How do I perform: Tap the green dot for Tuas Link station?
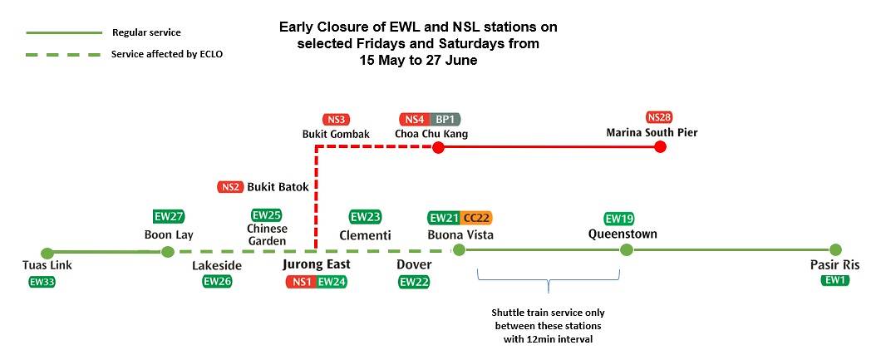(47, 253)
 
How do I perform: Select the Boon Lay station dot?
(167, 252)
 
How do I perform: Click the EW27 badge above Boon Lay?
(169, 217)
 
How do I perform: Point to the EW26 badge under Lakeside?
(217, 282)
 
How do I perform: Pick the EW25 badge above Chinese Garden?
(267, 215)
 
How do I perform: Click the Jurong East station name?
(316, 264)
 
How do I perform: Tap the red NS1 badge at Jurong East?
(300, 282)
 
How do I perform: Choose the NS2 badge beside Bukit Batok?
(230, 187)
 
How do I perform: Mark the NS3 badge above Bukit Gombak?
(336, 119)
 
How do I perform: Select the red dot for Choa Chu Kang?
(439, 147)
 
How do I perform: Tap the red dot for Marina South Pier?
(660, 147)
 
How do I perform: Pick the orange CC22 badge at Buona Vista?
(477, 218)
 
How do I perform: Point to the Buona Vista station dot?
(457, 250)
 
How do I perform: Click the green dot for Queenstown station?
(627, 250)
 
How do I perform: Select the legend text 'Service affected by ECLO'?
(167, 54)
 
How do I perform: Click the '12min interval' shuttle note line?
(548, 339)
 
